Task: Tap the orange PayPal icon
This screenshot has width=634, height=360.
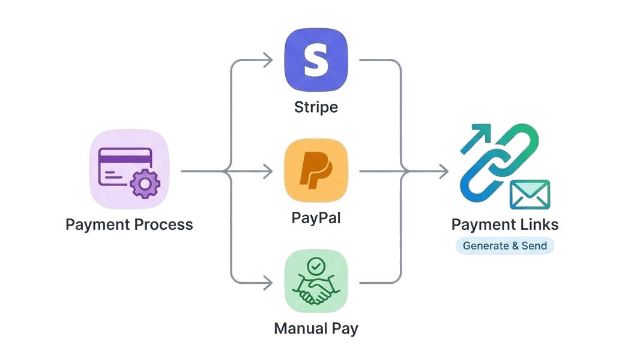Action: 316,171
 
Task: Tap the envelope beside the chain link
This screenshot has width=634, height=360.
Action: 530,194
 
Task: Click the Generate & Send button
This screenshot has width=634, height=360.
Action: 504,245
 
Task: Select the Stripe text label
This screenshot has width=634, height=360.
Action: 316,107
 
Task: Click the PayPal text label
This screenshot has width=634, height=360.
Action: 316,217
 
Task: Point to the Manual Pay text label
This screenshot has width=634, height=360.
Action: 316,329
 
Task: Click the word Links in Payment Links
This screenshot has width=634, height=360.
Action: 539,225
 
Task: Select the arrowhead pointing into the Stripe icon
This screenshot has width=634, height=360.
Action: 268,59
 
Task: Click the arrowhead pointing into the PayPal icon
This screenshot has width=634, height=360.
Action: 268,172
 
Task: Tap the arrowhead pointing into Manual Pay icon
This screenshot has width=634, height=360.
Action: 268,281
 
